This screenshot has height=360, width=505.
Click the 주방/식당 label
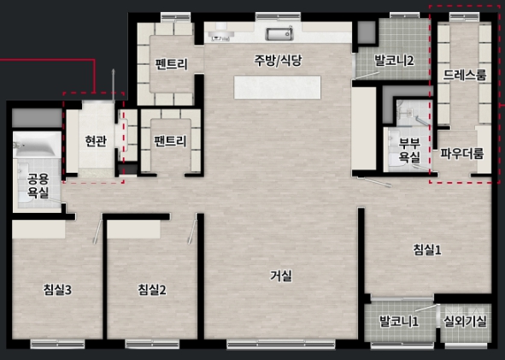[x=279, y=61]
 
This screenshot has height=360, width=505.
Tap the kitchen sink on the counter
[x=279, y=34]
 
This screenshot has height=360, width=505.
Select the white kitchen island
[x=278, y=87]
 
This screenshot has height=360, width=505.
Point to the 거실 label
[x=281, y=276]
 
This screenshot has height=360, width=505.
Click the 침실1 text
[x=427, y=250]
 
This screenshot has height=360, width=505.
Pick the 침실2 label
[x=152, y=290]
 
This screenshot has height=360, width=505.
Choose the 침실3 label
[x=57, y=290]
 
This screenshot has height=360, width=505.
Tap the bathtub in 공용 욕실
[x=37, y=145]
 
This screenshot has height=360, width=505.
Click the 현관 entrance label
[x=96, y=141]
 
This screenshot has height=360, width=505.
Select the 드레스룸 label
[x=465, y=74]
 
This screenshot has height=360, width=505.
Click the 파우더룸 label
[x=462, y=154]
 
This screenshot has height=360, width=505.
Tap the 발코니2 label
[x=394, y=61]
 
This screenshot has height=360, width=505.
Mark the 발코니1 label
[x=399, y=321]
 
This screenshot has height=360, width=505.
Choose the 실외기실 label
[x=465, y=321]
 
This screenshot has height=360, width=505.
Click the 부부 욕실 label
[x=409, y=150]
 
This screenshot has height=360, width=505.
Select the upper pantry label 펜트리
[x=171, y=64]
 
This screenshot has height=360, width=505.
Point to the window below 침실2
[x=152, y=344]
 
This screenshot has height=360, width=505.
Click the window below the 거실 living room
[x=281, y=345]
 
